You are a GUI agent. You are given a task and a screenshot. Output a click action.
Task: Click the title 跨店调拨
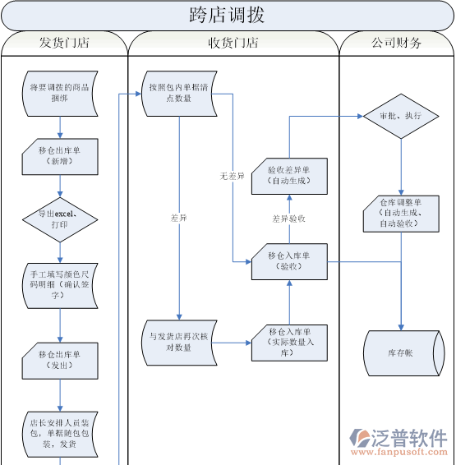pos(227,15)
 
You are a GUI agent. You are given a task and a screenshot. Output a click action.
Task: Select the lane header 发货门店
pos(64,43)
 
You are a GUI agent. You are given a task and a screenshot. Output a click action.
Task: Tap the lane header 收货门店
pos(233,43)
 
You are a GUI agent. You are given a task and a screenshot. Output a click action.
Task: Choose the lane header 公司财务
pos(396,43)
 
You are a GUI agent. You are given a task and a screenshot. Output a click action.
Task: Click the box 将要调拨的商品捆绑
pos(59,93)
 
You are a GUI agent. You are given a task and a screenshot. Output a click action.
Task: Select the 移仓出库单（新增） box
pos(59,156)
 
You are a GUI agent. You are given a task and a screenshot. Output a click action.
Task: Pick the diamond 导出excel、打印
pos(59,219)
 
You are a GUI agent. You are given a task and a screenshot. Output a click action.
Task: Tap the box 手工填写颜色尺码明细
pos(59,283)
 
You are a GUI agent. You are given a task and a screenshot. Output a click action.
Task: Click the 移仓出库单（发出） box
pos(59,360)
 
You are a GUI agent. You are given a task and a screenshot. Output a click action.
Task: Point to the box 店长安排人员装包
pos(59,435)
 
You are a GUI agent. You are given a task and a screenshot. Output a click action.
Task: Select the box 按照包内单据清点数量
pos(177,93)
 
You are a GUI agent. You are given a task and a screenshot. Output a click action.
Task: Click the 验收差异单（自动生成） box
pos(289,176)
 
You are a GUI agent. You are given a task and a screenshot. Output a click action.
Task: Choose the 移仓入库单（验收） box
pos(289,261)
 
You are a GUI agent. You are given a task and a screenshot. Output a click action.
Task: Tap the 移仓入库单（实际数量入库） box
pos(289,342)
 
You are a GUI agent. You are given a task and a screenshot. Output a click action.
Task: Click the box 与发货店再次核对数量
pos(177,342)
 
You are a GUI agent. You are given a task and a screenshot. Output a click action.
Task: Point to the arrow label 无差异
pos(233,176)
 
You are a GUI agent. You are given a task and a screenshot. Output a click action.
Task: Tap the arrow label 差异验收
pos(289,219)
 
